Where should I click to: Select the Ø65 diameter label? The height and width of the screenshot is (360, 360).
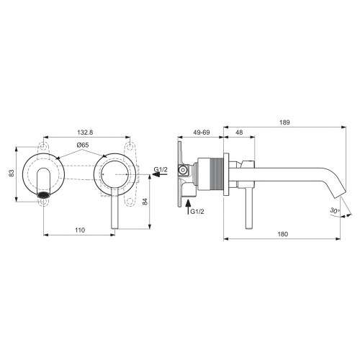(83, 146)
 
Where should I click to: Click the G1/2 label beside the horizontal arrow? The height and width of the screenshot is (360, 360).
(161, 170)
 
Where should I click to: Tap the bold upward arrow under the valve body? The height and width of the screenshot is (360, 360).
(189, 208)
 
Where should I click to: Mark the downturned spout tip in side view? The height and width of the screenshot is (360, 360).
(338, 194)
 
